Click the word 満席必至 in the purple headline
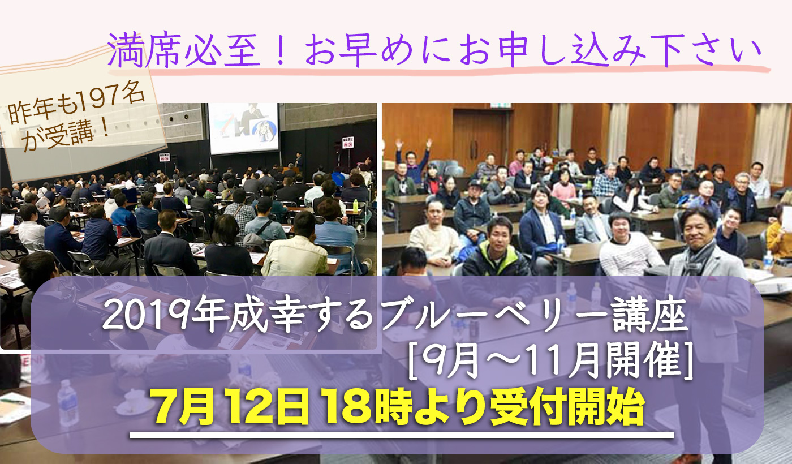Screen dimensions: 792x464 click(x=184, y=50)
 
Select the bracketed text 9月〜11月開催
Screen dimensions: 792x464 click(x=550, y=363)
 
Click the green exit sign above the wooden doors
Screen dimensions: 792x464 click(x=501, y=105)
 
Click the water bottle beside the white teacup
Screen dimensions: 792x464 click(x=67, y=402)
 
